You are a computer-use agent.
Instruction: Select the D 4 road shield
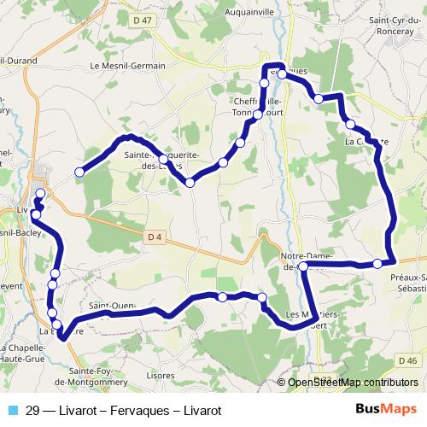click(x=154, y=236)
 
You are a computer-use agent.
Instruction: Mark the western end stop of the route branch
click(x=79, y=173)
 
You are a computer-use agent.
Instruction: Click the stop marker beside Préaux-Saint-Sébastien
click(x=377, y=264)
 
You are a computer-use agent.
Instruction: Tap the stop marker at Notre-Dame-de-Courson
click(x=303, y=266)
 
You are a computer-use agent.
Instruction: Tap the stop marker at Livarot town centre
click(x=40, y=194)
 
